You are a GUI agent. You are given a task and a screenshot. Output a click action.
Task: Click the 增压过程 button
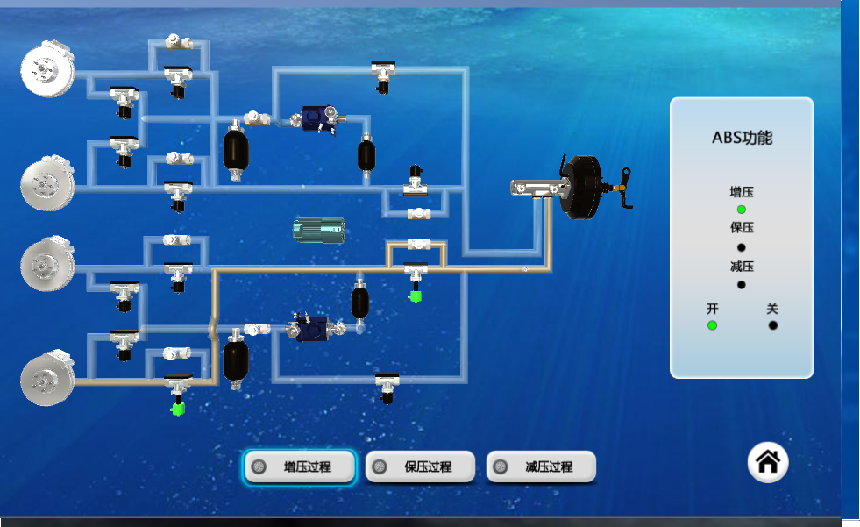pos(299,467)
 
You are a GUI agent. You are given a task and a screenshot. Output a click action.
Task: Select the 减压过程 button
pos(541,467)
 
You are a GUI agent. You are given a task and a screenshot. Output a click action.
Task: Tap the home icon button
pos(768,462)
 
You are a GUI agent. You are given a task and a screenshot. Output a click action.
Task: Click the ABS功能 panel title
pos(742,138)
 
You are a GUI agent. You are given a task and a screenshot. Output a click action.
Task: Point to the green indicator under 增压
pos(742,210)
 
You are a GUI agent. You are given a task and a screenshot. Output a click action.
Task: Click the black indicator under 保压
pos(742,247)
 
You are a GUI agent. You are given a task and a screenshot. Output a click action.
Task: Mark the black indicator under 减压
pos(742,285)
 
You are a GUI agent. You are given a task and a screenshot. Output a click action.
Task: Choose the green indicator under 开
pos(713,325)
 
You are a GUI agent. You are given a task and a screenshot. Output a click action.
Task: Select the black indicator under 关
pos(773,325)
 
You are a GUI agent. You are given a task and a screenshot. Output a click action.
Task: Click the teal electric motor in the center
pos(318,231)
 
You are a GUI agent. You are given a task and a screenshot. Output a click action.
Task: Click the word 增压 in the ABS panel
pos(742,192)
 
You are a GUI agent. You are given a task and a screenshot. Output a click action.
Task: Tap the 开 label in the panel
pos(713,309)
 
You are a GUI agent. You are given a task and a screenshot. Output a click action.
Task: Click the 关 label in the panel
pos(772,309)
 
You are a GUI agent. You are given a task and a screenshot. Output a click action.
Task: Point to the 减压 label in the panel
pos(742,267)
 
